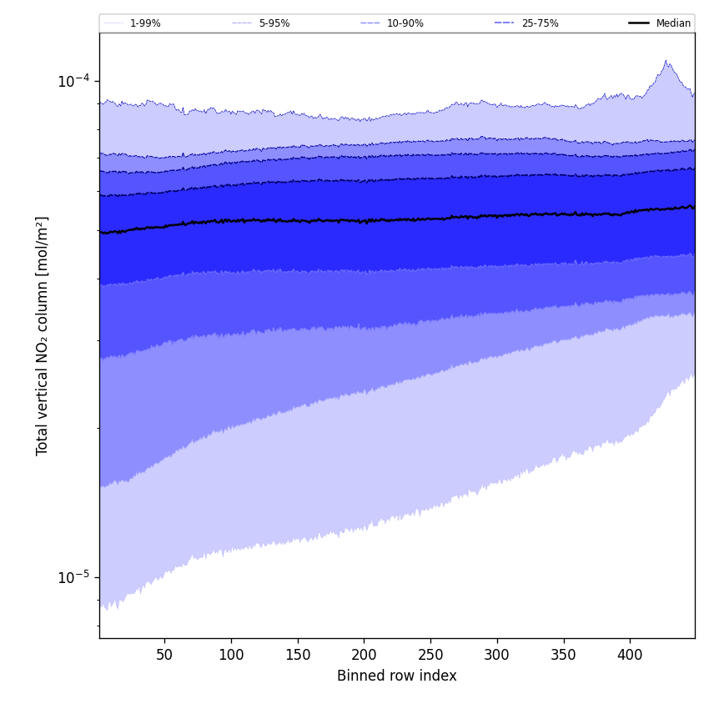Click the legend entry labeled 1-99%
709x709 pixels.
click(145, 23)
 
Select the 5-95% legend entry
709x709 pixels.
click(274, 23)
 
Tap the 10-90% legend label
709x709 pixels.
click(405, 23)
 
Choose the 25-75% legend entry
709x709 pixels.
click(540, 23)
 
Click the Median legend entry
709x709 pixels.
click(673, 23)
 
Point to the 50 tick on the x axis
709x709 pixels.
click(164, 655)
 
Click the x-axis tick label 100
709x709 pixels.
click(231, 655)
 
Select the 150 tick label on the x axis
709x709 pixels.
click(298, 655)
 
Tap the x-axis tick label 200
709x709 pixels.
click(364, 655)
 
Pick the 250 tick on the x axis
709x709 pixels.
click(430, 655)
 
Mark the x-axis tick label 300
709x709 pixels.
click(497, 655)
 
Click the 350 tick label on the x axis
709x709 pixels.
click(564, 655)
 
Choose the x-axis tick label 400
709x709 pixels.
click(630, 655)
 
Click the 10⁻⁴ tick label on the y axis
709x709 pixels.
click(73, 81)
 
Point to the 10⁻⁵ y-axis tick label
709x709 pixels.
click(73, 577)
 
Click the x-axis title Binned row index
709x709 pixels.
click(397, 676)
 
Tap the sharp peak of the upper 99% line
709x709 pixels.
click(666, 61)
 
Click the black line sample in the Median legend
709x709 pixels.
click(639, 23)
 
